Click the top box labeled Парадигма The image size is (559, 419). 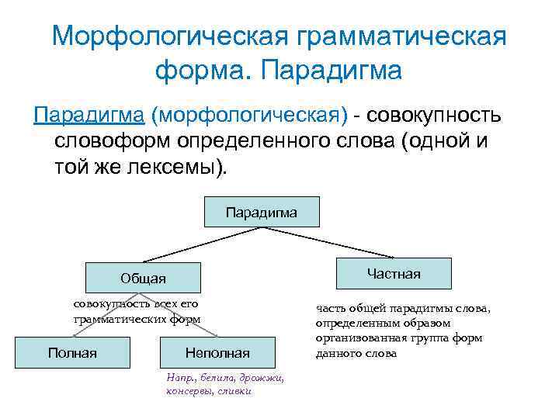[261, 211]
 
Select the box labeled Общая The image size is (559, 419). [143, 278]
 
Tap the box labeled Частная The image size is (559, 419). [393, 273]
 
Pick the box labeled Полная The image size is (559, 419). [72, 353]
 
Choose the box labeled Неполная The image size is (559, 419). [217, 353]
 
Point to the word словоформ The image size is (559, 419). [113, 143]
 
